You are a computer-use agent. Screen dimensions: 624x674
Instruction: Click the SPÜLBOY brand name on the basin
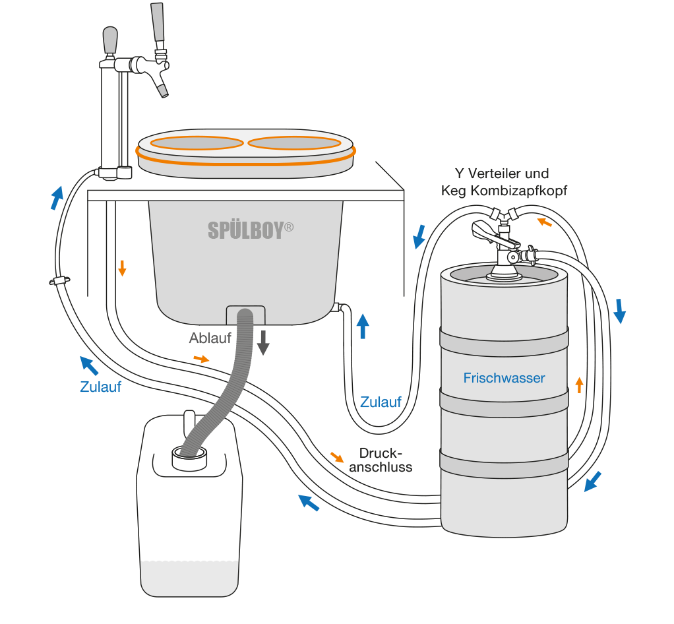(251, 230)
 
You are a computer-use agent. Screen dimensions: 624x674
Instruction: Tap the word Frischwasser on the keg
(504, 378)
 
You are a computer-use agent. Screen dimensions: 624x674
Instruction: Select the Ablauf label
(210, 338)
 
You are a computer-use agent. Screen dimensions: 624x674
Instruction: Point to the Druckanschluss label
(381, 460)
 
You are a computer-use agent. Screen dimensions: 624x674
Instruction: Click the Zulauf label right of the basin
(381, 402)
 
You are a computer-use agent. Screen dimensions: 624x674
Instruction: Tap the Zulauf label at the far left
(100, 387)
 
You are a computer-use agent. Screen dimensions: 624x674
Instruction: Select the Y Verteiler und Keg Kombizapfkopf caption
(502, 182)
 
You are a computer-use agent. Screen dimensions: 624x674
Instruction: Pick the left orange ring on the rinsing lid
(199, 142)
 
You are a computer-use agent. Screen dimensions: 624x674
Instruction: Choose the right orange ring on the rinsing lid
(293, 142)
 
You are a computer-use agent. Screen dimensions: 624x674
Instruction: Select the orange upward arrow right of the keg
(579, 385)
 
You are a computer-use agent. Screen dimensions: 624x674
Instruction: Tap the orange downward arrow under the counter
(122, 268)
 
